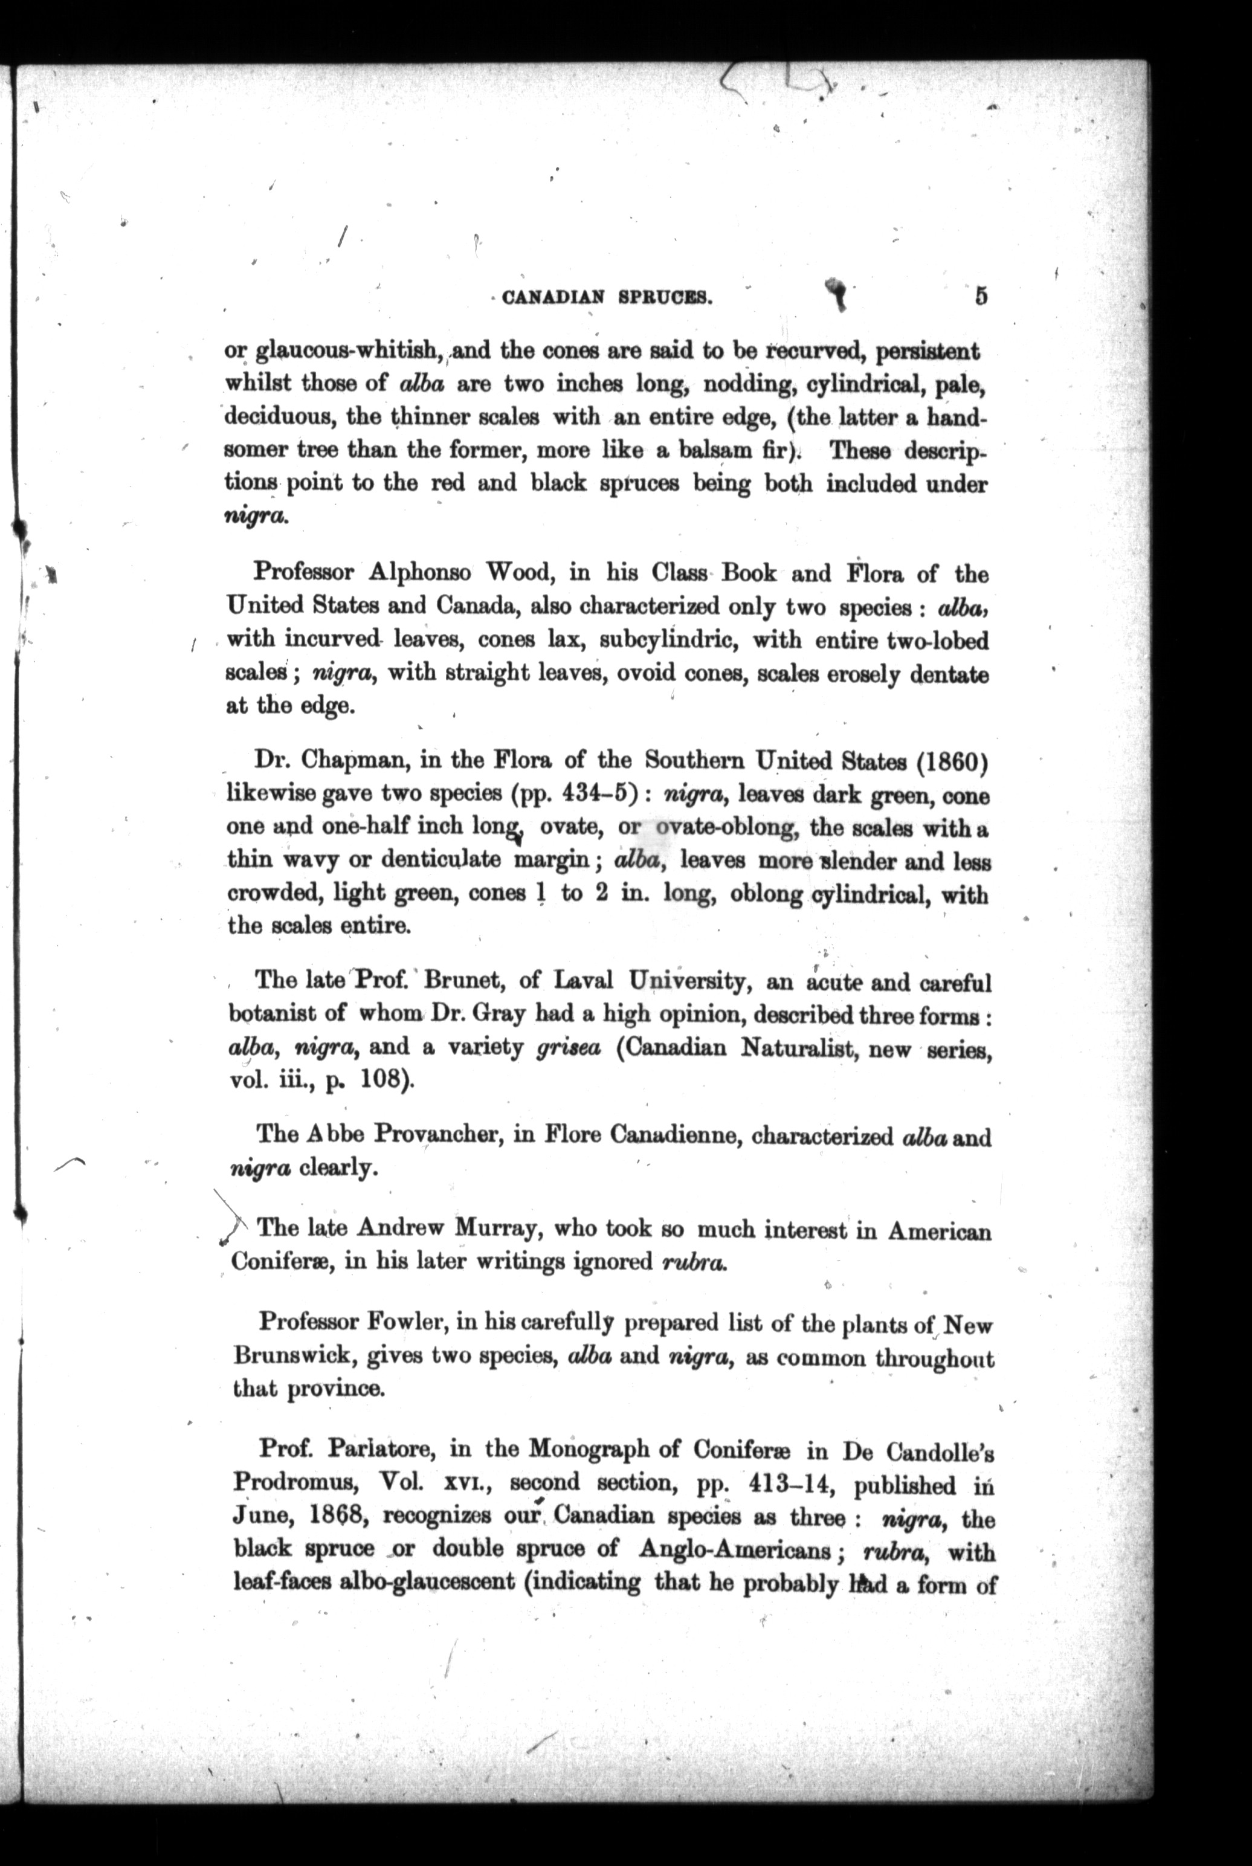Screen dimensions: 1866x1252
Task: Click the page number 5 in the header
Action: click(x=981, y=295)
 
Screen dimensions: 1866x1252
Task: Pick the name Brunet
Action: click(x=464, y=981)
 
